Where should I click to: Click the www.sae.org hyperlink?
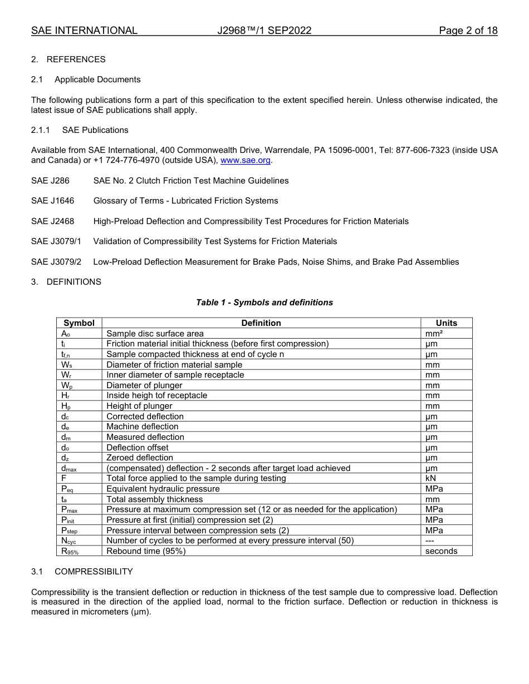tap(246, 161)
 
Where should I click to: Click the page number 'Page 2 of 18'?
tap(468, 31)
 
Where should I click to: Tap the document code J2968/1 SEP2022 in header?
tap(264, 31)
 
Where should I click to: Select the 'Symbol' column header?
tap(79, 323)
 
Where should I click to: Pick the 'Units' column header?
tap(446, 323)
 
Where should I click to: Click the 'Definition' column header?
tap(261, 323)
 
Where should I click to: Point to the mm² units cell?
tap(433, 334)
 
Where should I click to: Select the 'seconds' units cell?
tap(441, 551)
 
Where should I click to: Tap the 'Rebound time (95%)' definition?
tap(146, 551)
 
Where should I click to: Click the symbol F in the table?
tap(64, 478)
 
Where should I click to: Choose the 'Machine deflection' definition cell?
tap(142, 427)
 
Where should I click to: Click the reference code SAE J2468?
tap(52, 221)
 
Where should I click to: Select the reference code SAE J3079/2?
tap(56, 262)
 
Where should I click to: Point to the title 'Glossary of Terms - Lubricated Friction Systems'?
tap(185, 201)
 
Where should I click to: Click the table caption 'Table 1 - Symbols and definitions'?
tap(264, 303)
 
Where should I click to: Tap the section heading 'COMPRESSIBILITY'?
tap(94, 572)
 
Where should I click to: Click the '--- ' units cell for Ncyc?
tap(430, 541)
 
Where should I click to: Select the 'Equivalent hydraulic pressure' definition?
tap(163, 489)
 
